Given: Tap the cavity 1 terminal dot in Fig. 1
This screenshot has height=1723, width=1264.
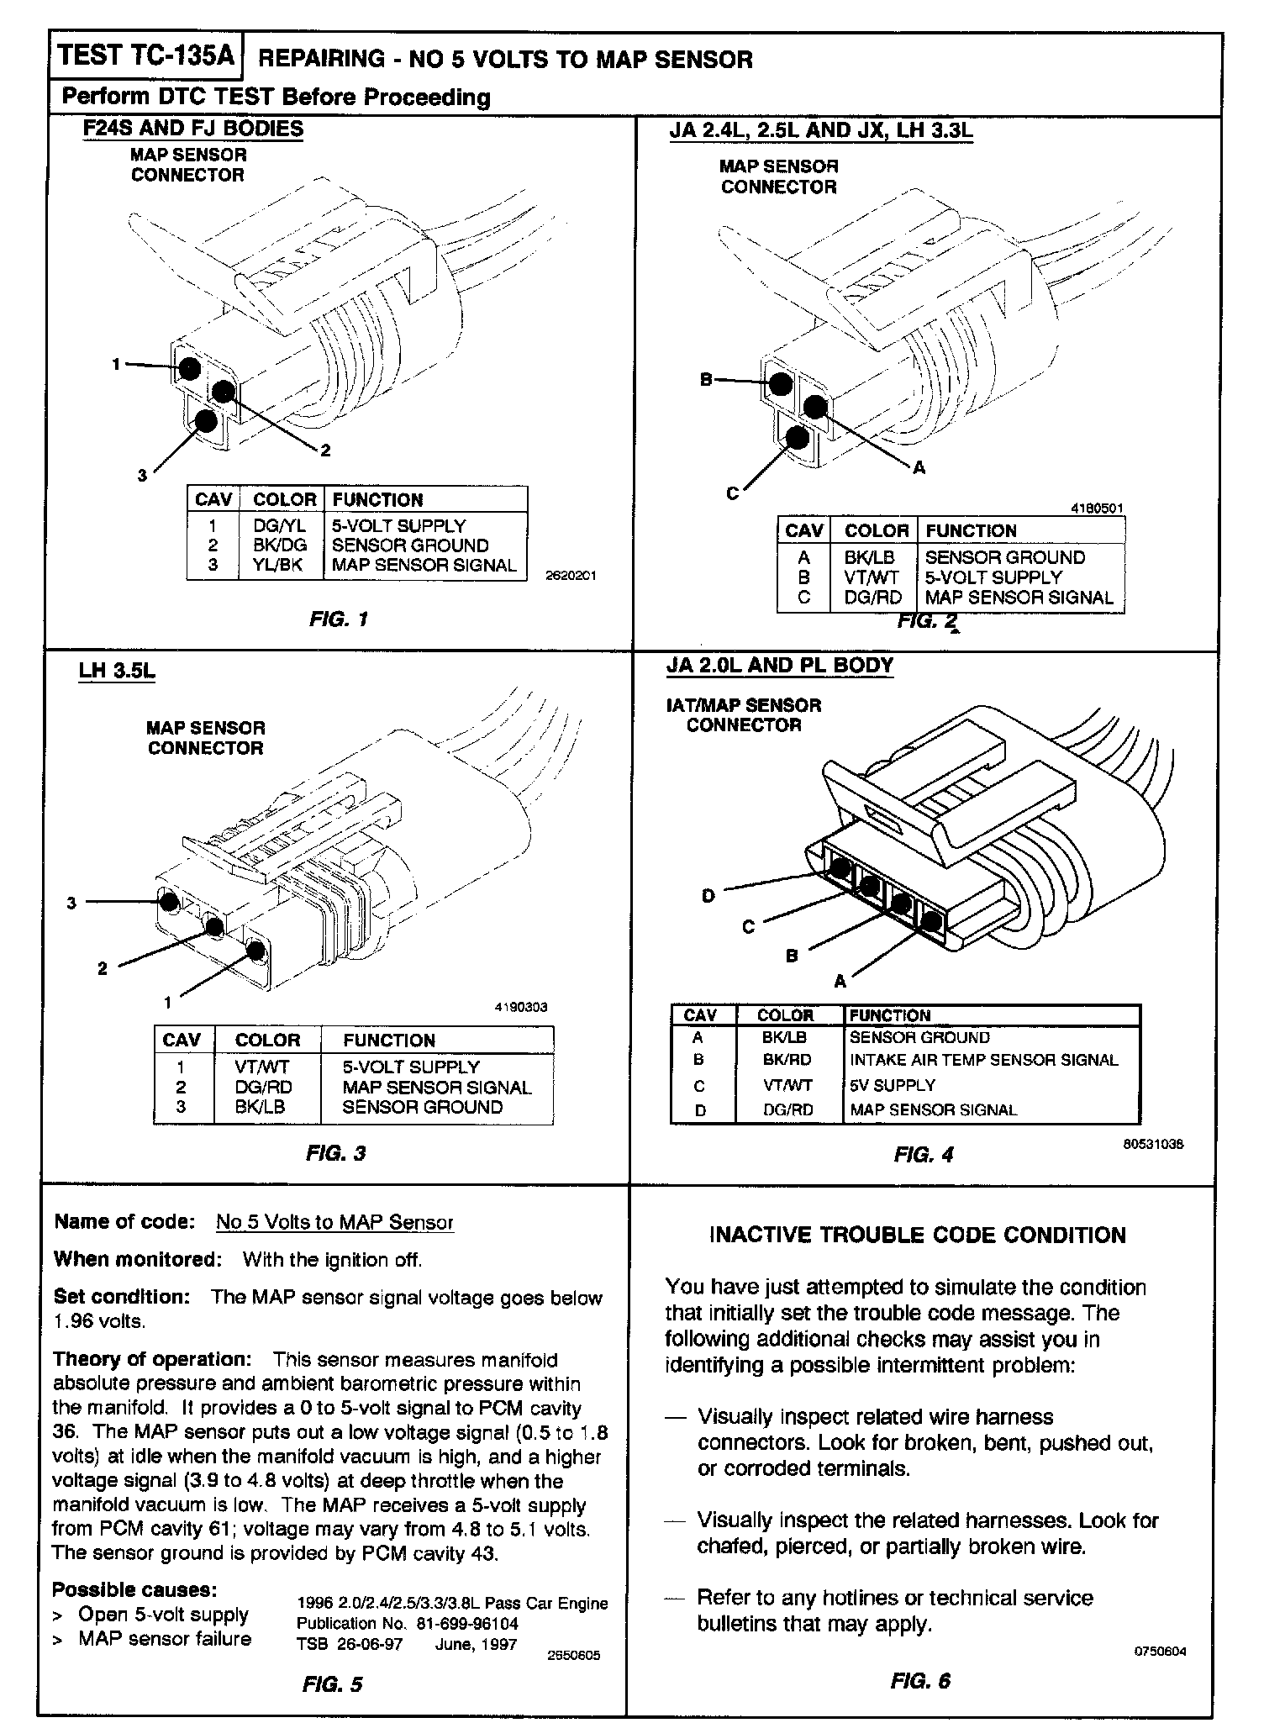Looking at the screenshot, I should (x=190, y=368).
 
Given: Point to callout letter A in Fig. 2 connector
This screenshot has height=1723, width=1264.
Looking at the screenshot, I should (x=919, y=468).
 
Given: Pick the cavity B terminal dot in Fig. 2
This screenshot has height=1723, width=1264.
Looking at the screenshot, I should (x=781, y=383).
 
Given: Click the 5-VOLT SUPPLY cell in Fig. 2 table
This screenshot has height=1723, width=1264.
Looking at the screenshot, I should (x=993, y=577).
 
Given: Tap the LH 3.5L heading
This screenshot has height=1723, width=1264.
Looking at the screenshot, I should (x=117, y=672).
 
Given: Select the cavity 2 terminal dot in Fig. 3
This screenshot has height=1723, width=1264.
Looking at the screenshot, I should (x=214, y=926).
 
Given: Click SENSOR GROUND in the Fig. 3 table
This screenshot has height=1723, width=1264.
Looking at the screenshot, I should (x=422, y=1107).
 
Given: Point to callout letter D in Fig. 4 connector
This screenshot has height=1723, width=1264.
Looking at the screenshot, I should (x=708, y=896).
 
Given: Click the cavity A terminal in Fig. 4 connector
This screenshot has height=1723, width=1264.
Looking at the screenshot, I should (x=931, y=921).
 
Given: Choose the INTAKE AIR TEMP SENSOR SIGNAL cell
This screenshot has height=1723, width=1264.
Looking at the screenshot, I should (x=983, y=1060).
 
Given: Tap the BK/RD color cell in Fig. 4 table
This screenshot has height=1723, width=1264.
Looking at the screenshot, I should (x=787, y=1060).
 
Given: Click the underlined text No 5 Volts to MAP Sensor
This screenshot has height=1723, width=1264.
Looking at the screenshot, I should (x=334, y=1222).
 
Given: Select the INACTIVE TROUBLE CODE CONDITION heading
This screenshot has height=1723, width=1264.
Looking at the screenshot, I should (x=918, y=1236).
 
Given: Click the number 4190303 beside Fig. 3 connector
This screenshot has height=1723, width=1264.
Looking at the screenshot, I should (x=520, y=1007).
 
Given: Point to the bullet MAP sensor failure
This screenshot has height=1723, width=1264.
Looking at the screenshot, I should (x=165, y=1639).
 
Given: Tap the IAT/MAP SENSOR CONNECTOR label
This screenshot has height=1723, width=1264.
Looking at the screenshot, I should (x=743, y=715).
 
